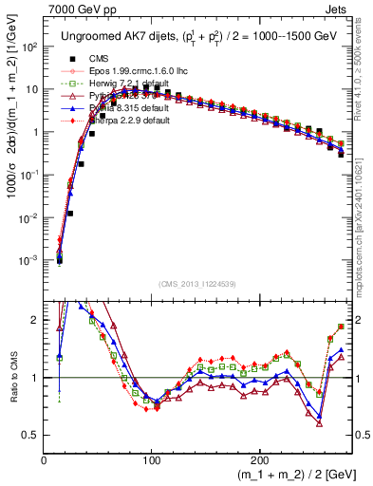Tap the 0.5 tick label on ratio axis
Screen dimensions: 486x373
pyautogui.click(x=31, y=435)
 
